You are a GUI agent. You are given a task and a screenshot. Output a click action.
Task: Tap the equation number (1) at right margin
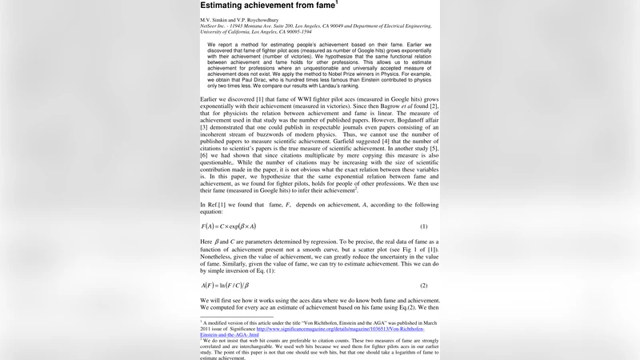424,226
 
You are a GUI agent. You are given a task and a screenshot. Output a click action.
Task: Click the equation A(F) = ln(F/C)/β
226,286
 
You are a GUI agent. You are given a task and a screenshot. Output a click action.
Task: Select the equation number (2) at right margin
424,286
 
